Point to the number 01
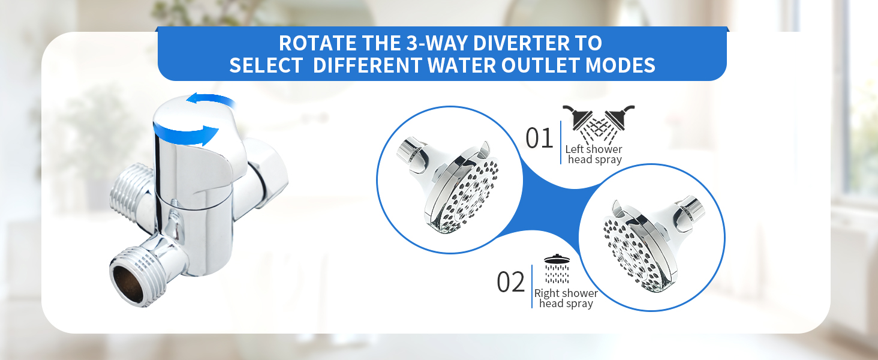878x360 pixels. coord(539,139)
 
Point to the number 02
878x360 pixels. coord(511,283)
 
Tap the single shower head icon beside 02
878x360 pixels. coord(557,270)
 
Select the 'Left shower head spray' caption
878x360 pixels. coord(594,154)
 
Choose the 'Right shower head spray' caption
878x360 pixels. coord(566,298)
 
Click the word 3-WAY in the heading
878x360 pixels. coord(438,44)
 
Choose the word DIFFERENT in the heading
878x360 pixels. coord(367,65)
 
